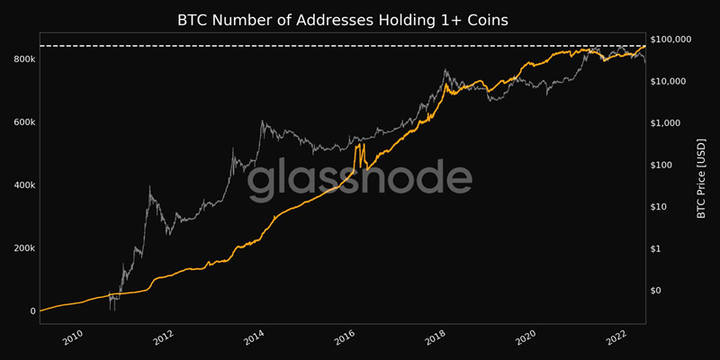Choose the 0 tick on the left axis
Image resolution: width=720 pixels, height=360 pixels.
[x=31, y=311]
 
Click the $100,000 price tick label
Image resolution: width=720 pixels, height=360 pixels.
[x=671, y=40]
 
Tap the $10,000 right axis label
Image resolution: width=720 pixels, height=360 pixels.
[x=669, y=81]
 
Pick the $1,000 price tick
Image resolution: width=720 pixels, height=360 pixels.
[x=666, y=123]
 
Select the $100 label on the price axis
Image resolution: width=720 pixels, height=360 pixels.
[x=662, y=165]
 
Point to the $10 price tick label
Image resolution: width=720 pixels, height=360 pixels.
[x=660, y=207]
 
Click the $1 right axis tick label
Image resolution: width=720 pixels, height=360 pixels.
[x=657, y=248]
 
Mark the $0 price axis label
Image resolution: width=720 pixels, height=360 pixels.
[x=657, y=291]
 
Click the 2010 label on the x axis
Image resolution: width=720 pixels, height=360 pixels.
[x=73, y=337]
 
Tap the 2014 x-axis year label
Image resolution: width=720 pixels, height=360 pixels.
[x=255, y=337]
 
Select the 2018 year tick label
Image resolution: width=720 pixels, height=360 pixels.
[x=436, y=337]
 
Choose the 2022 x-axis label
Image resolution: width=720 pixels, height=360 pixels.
[x=617, y=337]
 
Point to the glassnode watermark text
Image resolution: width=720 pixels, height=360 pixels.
[x=359, y=180]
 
